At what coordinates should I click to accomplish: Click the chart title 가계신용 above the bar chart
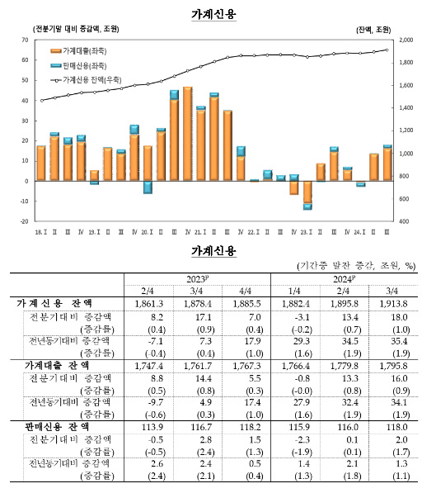click(x=213, y=14)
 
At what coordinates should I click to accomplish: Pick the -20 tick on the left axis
click(x=26, y=221)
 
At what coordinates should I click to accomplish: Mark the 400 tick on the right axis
click(x=402, y=221)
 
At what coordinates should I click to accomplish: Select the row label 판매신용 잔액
click(x=54, y=428)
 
